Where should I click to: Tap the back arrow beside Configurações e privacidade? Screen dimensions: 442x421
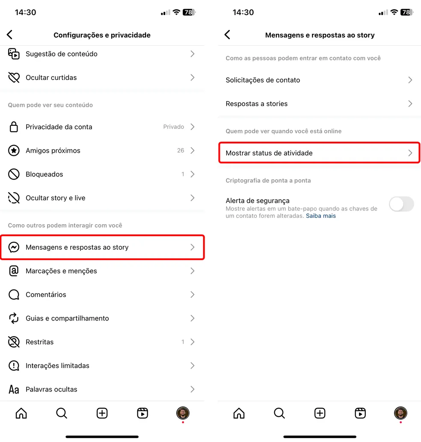tap(10, 35)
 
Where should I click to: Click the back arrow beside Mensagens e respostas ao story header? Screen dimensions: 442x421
tap(227, 35)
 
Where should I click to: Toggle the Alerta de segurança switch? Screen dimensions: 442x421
tap(401, 204)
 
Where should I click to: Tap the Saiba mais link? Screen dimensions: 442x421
tap(320, 216)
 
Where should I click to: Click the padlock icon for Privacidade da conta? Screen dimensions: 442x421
tap(14, 127)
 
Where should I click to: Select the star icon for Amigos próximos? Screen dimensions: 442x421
tap(14, 151)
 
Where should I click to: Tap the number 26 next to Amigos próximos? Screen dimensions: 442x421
tap(181, 151)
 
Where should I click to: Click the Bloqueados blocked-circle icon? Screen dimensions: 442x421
tap(14, 174)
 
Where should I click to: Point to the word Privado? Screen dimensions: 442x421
tap(173, 127)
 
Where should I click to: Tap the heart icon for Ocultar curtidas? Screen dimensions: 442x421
tap(14, 77)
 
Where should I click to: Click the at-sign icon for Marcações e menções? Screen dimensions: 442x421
tap(14, 271)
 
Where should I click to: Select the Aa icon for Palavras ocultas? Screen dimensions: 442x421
tap(14, 389)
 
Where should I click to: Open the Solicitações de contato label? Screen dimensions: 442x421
tap(263, 80)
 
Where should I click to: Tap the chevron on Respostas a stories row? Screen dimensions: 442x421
tap(410, 104)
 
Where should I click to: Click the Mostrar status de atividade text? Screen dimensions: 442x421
tap(269, 153)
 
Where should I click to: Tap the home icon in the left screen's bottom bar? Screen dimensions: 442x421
tap(21, 413)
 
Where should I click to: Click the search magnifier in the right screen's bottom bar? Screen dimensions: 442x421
tap(279, 413)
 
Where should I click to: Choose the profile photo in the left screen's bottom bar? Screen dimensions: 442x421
tap(183, 413)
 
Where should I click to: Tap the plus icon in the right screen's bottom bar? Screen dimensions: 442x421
tap(320, 413)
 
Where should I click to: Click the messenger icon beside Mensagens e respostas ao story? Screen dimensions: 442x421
tap(14, 247)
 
